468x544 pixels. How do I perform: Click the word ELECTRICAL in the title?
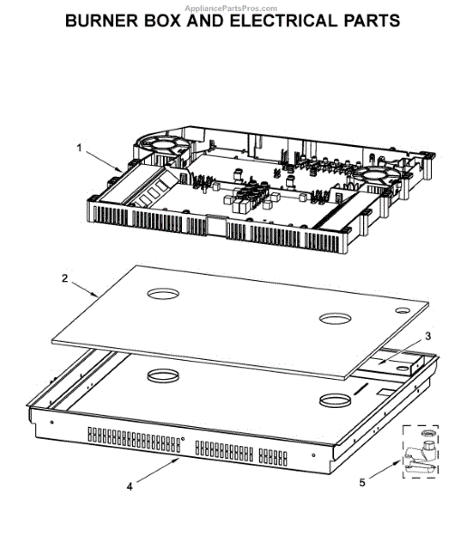click(283, 21)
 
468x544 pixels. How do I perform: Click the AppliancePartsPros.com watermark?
click(231, 8)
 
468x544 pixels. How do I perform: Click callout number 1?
click(80, 148)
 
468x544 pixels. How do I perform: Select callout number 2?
click(65, 278)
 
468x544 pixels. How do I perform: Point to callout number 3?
click(428, 336)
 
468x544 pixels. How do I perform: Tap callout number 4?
click(129, 487)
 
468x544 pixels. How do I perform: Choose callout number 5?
click(362, 482)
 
